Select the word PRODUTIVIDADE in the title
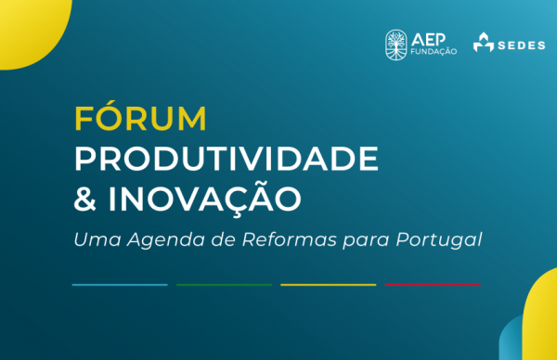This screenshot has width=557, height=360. point(226,160)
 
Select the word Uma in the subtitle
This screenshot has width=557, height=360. point(92,239)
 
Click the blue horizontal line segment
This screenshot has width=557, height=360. point(120,284)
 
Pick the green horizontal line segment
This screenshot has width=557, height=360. point(224,284)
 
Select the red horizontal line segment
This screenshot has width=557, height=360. point(433,284)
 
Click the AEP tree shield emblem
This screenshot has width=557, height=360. point(395,42)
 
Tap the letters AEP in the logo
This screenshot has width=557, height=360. point(427,36)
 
